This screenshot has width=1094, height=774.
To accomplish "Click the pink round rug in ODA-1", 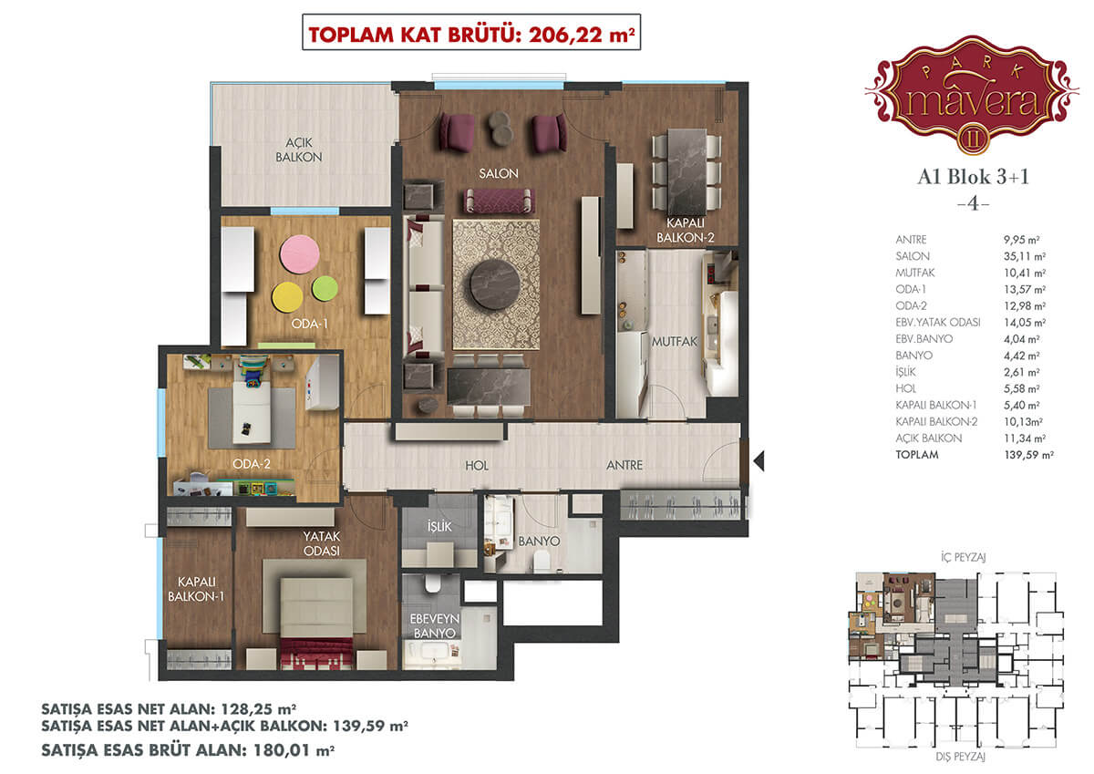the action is [299, 254].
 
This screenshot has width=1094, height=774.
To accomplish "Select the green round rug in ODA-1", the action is [325, 289].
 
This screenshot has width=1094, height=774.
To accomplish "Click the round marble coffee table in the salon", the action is [495, 284].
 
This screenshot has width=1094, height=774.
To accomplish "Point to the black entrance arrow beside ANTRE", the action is [759, 461].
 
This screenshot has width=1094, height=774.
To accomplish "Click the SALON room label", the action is [499, 173].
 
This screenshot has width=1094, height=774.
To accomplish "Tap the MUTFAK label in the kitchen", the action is [675, 342].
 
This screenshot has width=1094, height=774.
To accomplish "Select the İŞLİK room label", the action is [439, 526].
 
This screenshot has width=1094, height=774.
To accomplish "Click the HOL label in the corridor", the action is [477, 465].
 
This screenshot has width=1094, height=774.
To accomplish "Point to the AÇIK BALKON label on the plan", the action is [299, 150].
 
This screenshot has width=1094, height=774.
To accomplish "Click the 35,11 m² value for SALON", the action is [1025, 256].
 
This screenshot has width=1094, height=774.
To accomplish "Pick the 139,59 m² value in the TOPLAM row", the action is [1028, 455].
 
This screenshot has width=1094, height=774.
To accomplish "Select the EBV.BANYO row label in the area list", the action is [924, 339].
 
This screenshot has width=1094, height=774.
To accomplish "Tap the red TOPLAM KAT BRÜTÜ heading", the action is [471, 35].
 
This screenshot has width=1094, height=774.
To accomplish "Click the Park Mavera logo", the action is [972, 95].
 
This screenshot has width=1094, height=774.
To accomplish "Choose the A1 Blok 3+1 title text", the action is [973, 177].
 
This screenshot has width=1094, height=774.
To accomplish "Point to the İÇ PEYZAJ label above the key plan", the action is [963, 557].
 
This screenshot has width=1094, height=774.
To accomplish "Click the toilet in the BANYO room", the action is [542, 561].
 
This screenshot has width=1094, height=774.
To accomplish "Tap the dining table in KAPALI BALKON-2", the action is [686, 166].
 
